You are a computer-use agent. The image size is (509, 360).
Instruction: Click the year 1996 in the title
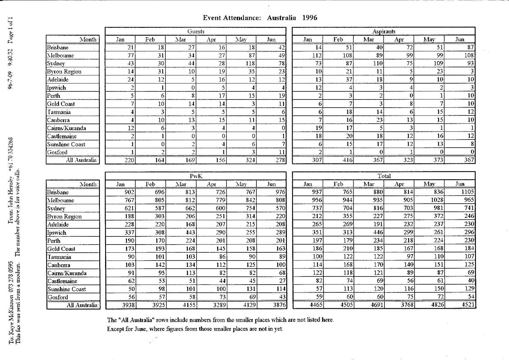pyautogui.click(x=310, y=18)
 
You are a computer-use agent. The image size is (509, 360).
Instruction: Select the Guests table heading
pyautogui.click(x=196, y=31)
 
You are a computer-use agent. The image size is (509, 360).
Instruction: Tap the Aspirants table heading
pyautogui.click(x=384, y=31)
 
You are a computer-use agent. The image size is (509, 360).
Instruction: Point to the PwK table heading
pyautogui.click(x=196, y=176)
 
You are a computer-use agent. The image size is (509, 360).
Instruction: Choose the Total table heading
pyautogui.click(x=384, y=176)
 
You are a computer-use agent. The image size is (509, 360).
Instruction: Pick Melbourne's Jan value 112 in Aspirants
pyautogui.click(x=317, y=55)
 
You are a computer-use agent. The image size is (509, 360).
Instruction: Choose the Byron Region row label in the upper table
pyautogui.click(x=64, y=72)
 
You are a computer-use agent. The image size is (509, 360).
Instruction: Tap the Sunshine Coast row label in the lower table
pyautogui.click(x=67, y=289)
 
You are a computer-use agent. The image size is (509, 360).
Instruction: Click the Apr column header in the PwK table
pyautogui.click(x=211, y=184)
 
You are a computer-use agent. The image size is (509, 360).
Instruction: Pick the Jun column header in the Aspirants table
pyautogui.click(x=460, y=39)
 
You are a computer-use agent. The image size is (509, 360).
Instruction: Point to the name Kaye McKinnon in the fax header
pyautogui.click(x=11, y=314)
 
